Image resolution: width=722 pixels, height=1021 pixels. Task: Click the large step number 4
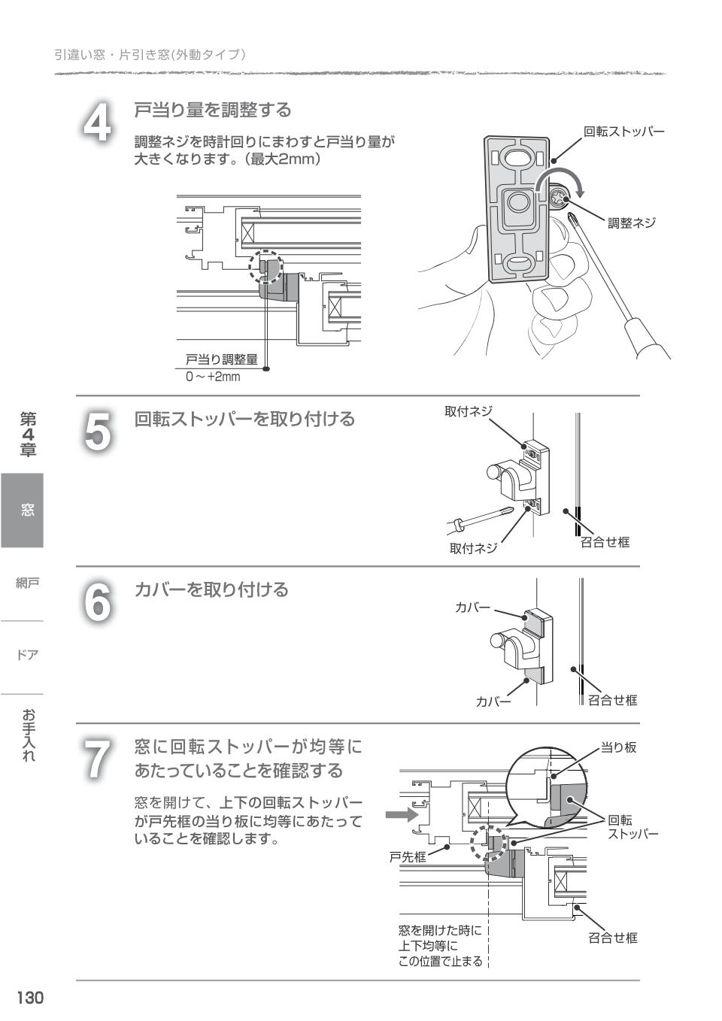click(x=97, y=123)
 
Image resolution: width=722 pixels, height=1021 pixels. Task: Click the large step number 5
click(x=97, y=432)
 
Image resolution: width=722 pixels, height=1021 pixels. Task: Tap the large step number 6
click(x=97, y=602)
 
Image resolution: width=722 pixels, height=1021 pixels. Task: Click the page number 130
click(x=30, y=998)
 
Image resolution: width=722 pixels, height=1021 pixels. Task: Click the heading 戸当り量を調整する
click(x=213, y=111)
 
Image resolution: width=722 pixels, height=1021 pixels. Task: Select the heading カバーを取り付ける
click(x=211, y=590)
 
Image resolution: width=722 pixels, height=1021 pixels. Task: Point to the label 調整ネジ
click(x=631, y=223)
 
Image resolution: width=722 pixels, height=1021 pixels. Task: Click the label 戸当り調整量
click(x=221, y=359)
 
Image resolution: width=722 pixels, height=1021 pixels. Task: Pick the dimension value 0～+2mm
click(x=213, y=377)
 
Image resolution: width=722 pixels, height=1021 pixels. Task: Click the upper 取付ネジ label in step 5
click(x=468, y=411)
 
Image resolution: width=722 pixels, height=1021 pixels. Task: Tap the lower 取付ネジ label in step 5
click(x=473, y=548)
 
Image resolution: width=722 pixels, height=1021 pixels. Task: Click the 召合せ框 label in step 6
click(x=612, y=700)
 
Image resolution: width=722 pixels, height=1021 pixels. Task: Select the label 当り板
click(x=618, y=747)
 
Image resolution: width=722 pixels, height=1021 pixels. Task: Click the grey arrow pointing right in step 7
click(x=401, y=815)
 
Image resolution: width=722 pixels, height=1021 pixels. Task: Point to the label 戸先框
click(x=407, y=856)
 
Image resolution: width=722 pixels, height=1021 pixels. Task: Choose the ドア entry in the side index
click(x=27, y=654)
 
